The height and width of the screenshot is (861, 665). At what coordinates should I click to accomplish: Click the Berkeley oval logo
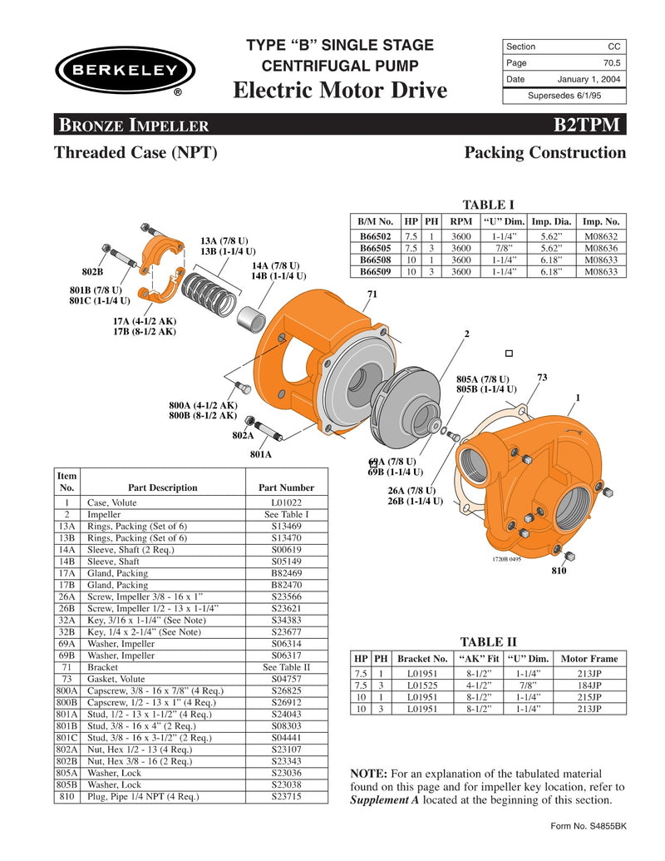coord(126,70)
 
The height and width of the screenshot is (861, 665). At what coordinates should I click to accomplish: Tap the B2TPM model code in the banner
coord(588,126)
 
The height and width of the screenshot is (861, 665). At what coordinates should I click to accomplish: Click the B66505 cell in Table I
coord(376,248)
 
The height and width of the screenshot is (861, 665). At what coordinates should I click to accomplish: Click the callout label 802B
coord(92,272)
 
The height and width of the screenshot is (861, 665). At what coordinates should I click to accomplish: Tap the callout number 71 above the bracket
coord(372,294)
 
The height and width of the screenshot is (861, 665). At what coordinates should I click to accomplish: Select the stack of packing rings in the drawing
coord(204,290)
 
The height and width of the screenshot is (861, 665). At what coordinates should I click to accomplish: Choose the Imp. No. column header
coord(601,222)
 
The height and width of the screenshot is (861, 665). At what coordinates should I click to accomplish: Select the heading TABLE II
coord(488,641)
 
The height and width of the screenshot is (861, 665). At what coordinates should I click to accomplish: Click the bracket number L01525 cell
coord(417,685)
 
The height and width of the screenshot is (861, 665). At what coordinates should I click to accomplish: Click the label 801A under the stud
coord(261,454)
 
